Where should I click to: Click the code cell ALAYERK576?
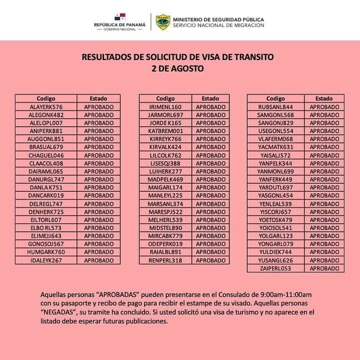pyautogui.click(x=46, y=107)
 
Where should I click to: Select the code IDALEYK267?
pyautogui.click(x=46, y=260)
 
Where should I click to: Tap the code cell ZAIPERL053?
pyautogui.click(x=275, y=268)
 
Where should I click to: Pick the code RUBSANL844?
pyautogui.click(x=275, y=107)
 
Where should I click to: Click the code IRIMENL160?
pyautogui.click(x=165, y=107)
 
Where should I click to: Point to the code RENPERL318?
pyautogui.click(x=165, y=260)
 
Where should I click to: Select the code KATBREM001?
pyautogui.click(x=165, y=131)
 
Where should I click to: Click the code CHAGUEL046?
pyautogui.click(x=46, y=155)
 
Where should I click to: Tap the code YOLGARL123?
pyautogui.click(x=275, y=236)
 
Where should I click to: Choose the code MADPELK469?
pyautogui.click(x=165, y=179)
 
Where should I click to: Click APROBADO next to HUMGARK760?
pyautogui.click(x=99, y=252)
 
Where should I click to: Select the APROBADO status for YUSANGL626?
pyautogui.click(x=324, y=260)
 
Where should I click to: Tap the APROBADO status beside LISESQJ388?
pyautogui.click(x=210, y=163)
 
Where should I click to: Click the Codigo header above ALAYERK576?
pyautogui.click(x=46, y=99)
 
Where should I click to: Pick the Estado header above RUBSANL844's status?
pyautogui.click(x=324, y=99)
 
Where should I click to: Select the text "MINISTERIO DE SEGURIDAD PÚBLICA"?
pyautogui.click(x=218, y=19)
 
